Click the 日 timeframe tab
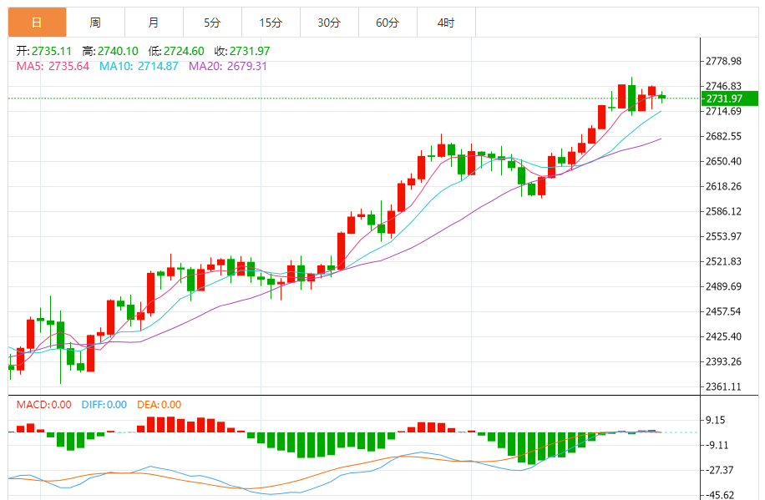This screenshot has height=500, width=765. pyautogui.click(x=37, y=23)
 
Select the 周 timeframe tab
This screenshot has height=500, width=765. pyautogui.click(x=95, y=23)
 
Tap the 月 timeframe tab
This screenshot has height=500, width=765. pyautogui.click(x=154, y=23)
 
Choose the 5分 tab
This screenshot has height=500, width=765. pyautogui.click(x=212, y=23)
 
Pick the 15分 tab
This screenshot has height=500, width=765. pyautogui.click(x=271, y=23)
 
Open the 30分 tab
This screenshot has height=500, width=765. pyautogui.click(x=329, y=23)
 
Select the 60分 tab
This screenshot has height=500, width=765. pyautogui.click(x=388, y=23)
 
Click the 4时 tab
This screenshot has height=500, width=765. pyautogui.click(x=446, y=23)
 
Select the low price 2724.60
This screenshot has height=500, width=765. pyautogui.click(x=185, y=51)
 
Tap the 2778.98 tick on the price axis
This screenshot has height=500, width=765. pyautogui.click(x=724, y=62)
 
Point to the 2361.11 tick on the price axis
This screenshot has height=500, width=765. pyautogui.click(x=724, y=386)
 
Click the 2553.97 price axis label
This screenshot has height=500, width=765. pyautogui.click(x=724, y=236)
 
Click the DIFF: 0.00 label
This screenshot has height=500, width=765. pyautogui.click(x=104, y=405)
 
